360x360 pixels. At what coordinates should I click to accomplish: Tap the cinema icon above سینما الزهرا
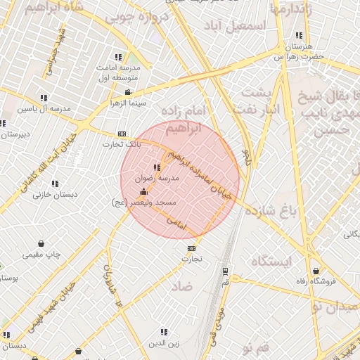[x=127, y=92]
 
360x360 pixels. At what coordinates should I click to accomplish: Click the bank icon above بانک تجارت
[x=122, y=134]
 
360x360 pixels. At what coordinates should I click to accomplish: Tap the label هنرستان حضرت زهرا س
[x=299, y=49]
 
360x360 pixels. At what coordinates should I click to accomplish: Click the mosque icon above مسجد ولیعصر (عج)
[x=144, y=192]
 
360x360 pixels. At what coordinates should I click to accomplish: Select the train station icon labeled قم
[x=225, y=270]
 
